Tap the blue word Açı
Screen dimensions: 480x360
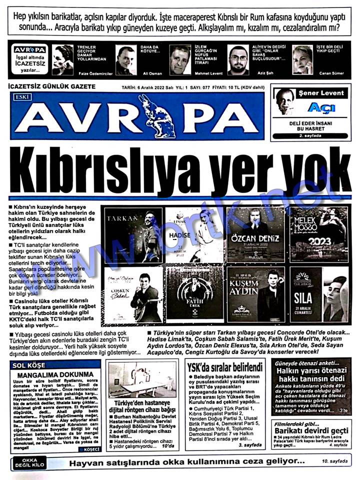pos(318,107)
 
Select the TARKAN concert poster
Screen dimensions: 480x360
pos(133,234)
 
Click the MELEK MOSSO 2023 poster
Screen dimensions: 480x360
pos(318,234)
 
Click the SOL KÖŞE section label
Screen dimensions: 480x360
pos(29,365)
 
